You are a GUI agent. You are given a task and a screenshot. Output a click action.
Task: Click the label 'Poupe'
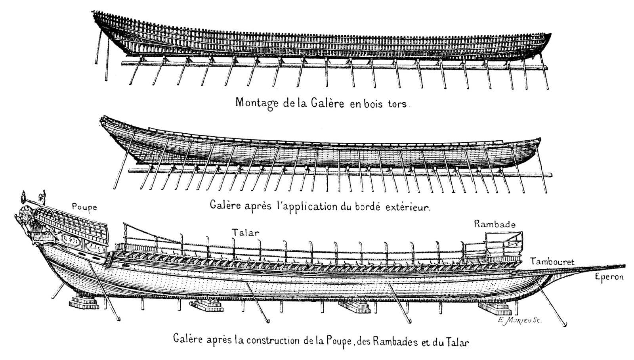point(84,207)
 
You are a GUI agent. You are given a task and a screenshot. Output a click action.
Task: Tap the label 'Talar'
point(246,233)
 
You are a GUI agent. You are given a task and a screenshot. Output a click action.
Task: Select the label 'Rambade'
point(495,224)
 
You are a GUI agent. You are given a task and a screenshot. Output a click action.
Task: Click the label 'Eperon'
point(609,277)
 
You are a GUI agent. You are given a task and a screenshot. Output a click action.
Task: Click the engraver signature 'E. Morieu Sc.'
point(518,322)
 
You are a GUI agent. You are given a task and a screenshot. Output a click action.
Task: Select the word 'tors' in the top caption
point(397,104)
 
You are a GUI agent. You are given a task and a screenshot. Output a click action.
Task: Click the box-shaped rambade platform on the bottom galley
point(504,245)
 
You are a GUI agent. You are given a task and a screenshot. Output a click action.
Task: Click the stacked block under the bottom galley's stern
point(84,304)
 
